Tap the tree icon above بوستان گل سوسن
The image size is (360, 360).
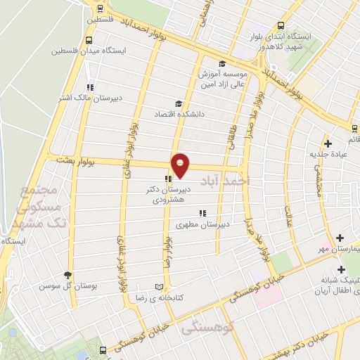point(68,275)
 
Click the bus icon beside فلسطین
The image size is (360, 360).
point(100,8)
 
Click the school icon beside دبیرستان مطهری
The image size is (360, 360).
point(202,213)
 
